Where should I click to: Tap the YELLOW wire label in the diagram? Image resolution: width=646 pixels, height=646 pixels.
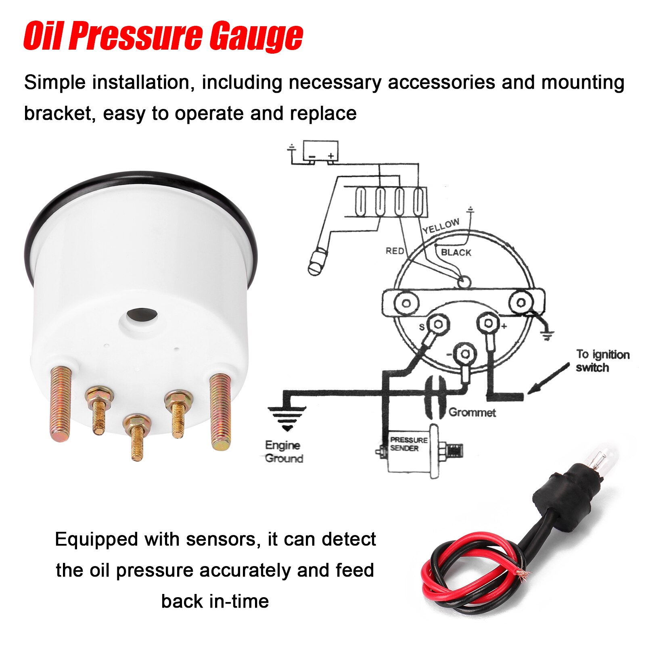441,226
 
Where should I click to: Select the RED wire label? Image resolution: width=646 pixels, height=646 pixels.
395,251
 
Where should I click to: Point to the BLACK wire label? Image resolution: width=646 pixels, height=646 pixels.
456,253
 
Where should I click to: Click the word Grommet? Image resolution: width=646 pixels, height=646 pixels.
472,412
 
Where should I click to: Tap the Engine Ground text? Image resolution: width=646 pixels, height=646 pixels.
284,452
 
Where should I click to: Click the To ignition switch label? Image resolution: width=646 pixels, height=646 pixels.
602,361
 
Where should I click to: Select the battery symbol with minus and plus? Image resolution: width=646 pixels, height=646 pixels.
320,151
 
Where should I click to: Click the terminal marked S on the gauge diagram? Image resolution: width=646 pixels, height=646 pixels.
437,324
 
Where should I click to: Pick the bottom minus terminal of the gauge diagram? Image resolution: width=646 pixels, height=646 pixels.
465,354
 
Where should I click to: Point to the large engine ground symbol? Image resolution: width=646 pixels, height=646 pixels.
287,418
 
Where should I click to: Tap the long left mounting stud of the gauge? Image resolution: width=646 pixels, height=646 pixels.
61,403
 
